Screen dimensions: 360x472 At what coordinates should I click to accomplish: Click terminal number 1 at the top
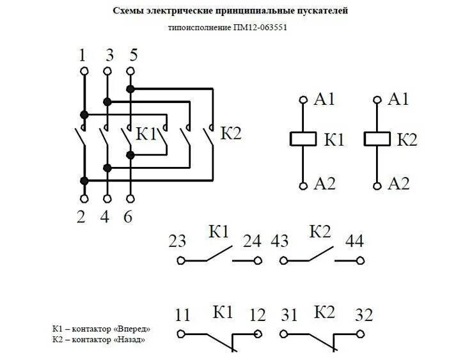83,56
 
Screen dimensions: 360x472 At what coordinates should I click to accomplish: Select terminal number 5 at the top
132,56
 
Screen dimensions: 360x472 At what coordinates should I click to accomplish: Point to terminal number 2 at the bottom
81,216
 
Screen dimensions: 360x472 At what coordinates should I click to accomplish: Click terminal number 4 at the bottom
105,216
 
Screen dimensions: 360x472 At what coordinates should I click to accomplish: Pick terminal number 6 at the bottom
129,216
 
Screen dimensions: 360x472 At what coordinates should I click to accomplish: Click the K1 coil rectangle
303,139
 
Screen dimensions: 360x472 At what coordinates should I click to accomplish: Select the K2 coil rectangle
377,139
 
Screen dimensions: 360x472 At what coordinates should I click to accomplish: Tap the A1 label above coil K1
324,99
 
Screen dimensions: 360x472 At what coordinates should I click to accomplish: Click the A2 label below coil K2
398,184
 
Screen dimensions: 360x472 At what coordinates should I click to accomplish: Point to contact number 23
177,242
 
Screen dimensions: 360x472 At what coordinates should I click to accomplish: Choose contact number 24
252,242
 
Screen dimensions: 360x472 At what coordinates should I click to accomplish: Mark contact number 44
354,242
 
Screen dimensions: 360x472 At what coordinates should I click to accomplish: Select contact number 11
183,315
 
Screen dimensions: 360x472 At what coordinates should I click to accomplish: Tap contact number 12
257,315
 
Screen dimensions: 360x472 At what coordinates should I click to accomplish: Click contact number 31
289,315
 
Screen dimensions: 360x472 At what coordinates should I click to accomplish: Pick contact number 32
362,315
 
